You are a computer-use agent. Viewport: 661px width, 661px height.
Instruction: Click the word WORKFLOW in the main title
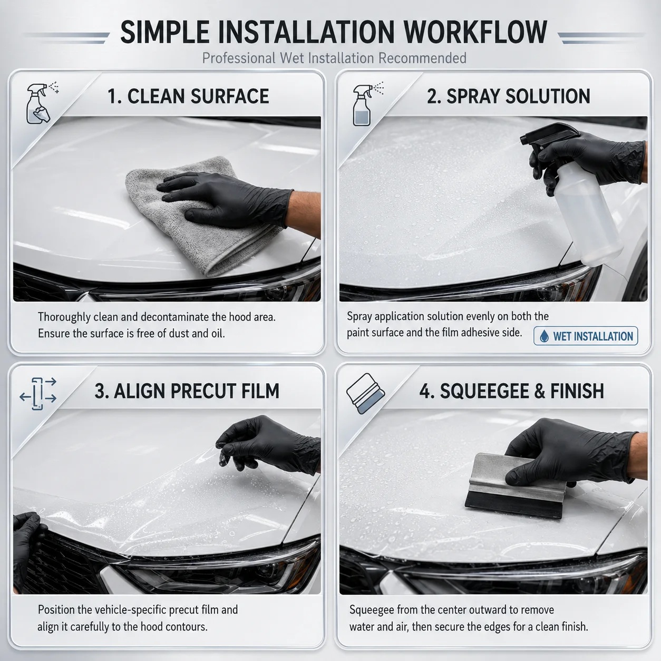475,32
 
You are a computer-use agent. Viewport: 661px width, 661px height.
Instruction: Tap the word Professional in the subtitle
238,58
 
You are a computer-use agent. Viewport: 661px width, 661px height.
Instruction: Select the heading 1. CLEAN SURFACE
188,96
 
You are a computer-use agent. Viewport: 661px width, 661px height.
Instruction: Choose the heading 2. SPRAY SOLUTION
508,96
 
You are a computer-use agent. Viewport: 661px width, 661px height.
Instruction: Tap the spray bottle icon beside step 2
367,104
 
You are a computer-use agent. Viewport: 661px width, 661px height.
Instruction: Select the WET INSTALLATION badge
586,336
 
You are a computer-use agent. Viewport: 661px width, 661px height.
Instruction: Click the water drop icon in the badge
544,336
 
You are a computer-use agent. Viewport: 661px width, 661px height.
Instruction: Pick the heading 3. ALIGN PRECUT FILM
187,391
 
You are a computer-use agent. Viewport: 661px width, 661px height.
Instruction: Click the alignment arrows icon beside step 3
38,394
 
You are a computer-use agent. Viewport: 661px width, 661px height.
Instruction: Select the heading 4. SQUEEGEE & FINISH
511,391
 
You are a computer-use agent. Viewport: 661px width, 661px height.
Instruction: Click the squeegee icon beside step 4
365,393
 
